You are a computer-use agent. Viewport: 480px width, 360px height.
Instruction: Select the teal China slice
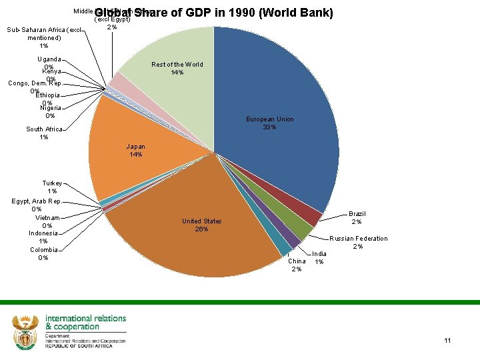point(285,247)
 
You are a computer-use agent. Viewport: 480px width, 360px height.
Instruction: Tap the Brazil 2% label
point(357,218)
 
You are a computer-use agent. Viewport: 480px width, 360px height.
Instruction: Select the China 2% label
point(297,265)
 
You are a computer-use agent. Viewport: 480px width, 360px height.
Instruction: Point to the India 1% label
point(320,257)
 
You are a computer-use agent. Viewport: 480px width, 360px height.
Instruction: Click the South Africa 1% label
point(44,133)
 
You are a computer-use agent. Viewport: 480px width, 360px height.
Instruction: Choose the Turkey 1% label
point(52,187)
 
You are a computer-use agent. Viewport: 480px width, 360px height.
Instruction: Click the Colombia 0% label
point(43,253)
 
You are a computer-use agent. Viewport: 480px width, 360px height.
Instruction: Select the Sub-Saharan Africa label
point(44,37)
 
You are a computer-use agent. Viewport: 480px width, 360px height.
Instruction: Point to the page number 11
point(447,341)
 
